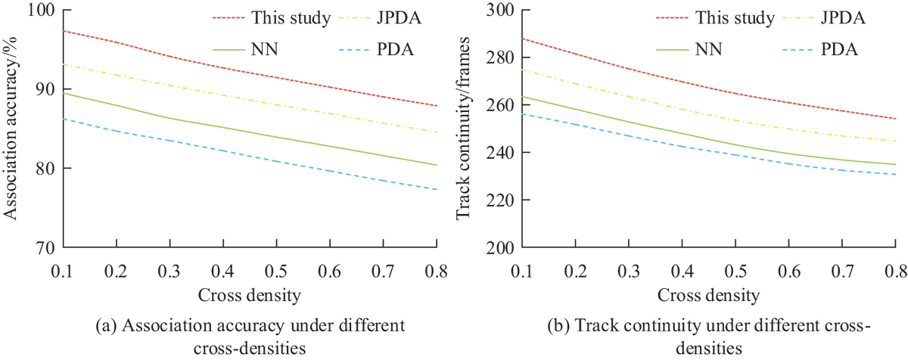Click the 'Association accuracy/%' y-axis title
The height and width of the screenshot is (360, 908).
[13, 129]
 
